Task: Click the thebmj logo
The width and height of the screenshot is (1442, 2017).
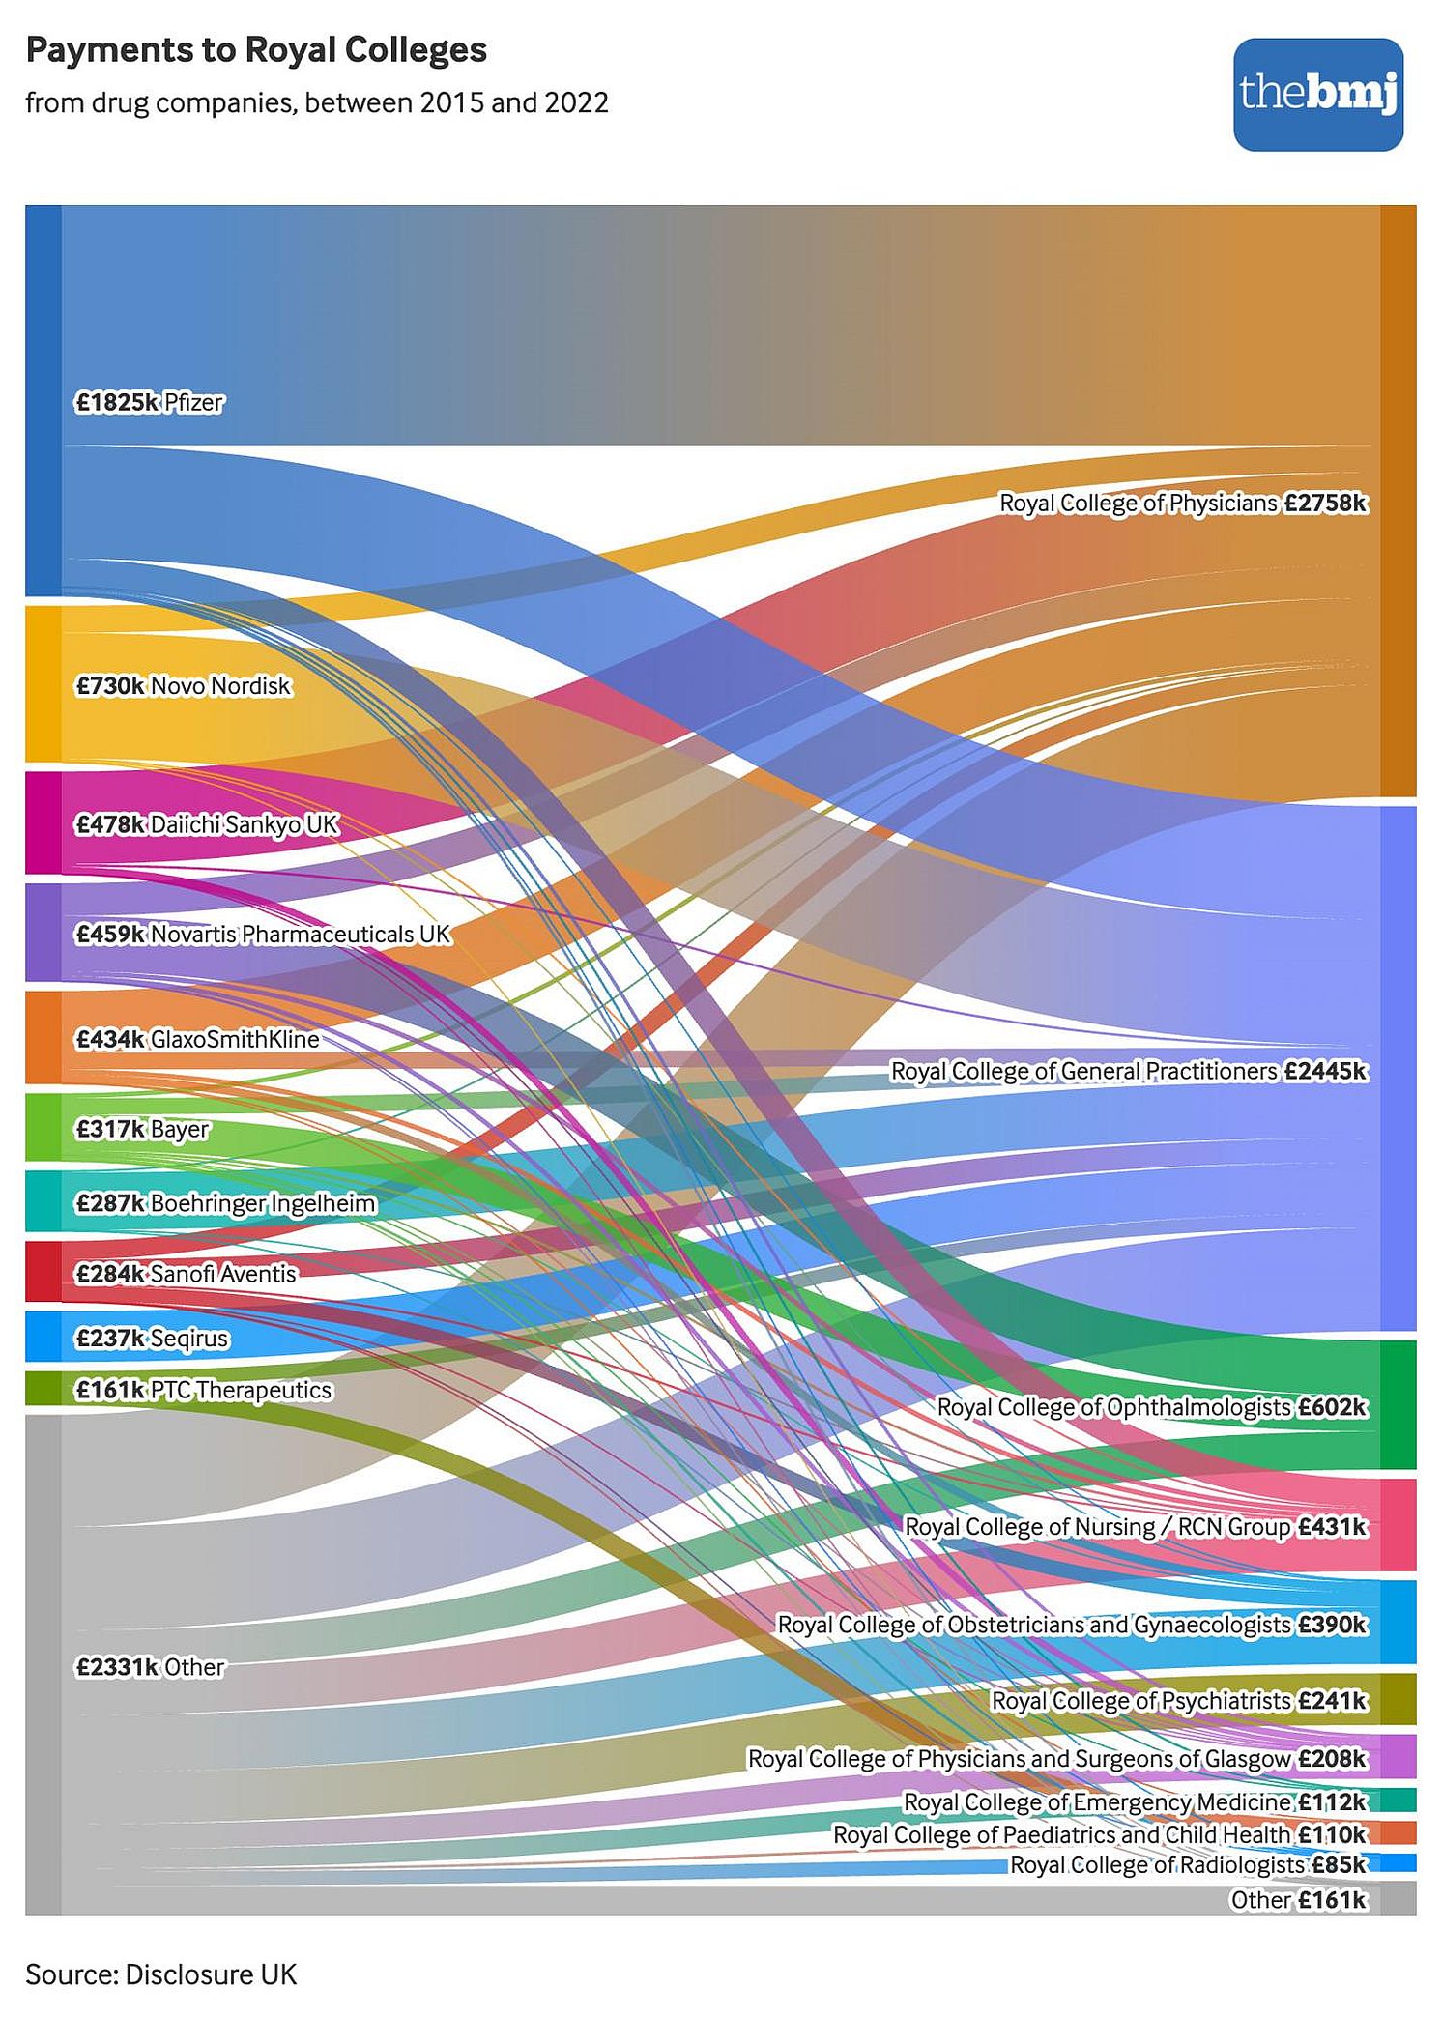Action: pos(1317,94)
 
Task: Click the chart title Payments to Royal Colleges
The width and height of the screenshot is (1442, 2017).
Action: pos(256,50)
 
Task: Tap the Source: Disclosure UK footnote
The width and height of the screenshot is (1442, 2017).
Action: pos(160,1974)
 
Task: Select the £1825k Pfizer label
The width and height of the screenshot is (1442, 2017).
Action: pos(149,402)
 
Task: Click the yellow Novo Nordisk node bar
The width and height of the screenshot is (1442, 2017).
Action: pos(43,683)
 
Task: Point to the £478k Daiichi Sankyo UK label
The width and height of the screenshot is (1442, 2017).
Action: pos(207,824)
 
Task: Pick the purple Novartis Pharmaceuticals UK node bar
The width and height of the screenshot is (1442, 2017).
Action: pos(43,932)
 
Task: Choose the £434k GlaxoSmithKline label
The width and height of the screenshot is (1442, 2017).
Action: pos(197,1039)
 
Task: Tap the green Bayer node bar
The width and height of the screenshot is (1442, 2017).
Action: pos(43,1127)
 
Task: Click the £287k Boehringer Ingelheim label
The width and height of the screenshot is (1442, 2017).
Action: pos(225,1203)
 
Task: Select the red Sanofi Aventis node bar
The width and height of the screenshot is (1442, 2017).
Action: pos(43,1271)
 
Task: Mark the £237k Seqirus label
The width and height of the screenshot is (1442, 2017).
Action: pos(152,1339)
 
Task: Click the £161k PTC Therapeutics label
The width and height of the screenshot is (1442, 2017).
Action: pos(203,1390)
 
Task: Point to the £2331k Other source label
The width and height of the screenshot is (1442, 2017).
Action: pos(150,1667)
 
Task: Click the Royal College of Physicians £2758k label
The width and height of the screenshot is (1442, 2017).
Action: pos(1183,504)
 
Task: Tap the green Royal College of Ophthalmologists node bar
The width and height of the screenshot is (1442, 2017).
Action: pos(1398,1403)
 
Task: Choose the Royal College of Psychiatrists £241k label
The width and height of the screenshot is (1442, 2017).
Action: pos(1179,1700)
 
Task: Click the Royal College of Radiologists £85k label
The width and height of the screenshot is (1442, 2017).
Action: pos(1188,1864)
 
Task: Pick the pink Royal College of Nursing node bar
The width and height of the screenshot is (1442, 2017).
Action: pos(1398,1524)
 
